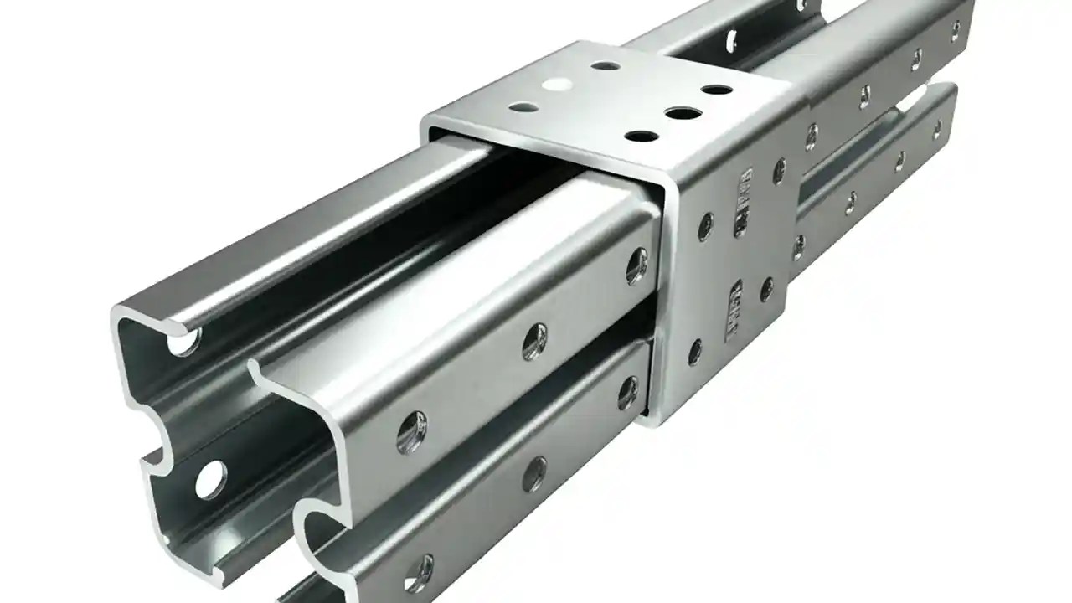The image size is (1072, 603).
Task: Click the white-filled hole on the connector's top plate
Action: point(554,84)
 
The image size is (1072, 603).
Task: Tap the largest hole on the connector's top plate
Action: point(684,113)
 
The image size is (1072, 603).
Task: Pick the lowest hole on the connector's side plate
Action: point(694,353)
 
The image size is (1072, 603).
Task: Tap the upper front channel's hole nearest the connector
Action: point(636,265)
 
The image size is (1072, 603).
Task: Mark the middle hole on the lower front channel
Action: point(533,473)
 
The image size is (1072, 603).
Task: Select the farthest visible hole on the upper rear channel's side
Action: point(956,32)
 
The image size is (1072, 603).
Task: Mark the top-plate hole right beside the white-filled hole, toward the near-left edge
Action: point(523,107)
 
